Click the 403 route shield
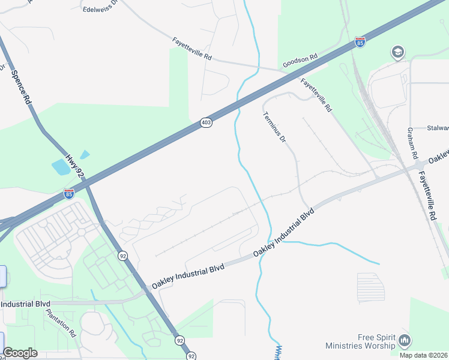(x=206, y=122)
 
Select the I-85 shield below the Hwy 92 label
(x=70, y=194)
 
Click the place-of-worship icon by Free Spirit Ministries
(x=404, y=341)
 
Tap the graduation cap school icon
(x=397, y=53)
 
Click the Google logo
(x=20, y=353)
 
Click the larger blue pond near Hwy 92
(x=61, y=167)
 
